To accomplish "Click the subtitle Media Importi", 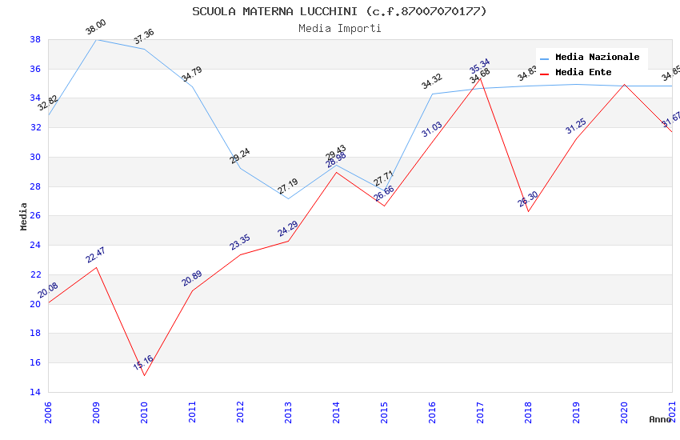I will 339,28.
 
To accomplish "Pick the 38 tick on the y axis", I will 35,39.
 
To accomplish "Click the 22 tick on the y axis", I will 35,274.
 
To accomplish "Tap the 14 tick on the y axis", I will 35,392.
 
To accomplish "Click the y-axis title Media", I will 24,216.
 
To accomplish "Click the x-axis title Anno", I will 660,419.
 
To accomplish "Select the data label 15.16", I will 143,363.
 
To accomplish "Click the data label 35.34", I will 480,65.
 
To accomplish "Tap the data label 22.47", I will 95,255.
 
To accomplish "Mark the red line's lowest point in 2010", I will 145,375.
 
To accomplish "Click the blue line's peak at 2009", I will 97,39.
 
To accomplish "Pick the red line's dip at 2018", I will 529,211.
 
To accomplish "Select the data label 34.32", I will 432,82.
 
